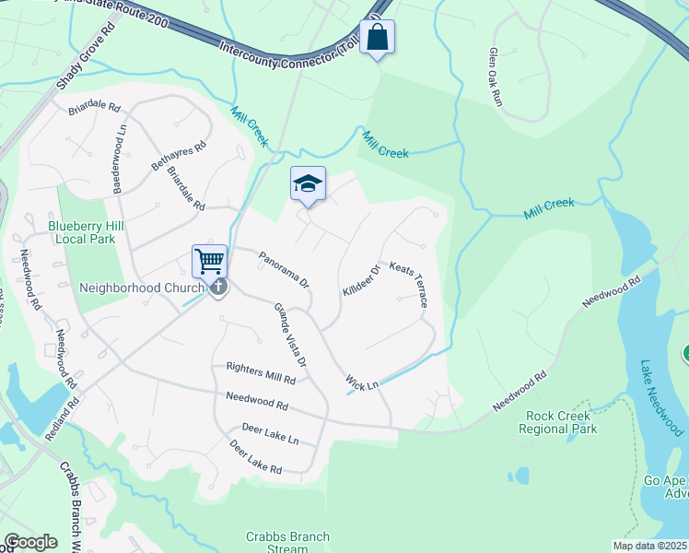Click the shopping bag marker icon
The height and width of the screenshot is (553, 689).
377,37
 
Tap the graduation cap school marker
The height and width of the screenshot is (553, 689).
309,183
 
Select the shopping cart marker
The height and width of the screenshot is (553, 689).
209,261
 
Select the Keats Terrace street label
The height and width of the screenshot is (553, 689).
410,284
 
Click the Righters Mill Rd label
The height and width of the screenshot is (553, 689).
261,372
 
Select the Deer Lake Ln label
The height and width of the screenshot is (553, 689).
270,433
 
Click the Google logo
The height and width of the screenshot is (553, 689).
29,542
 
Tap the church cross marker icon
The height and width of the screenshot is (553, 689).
218,288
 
